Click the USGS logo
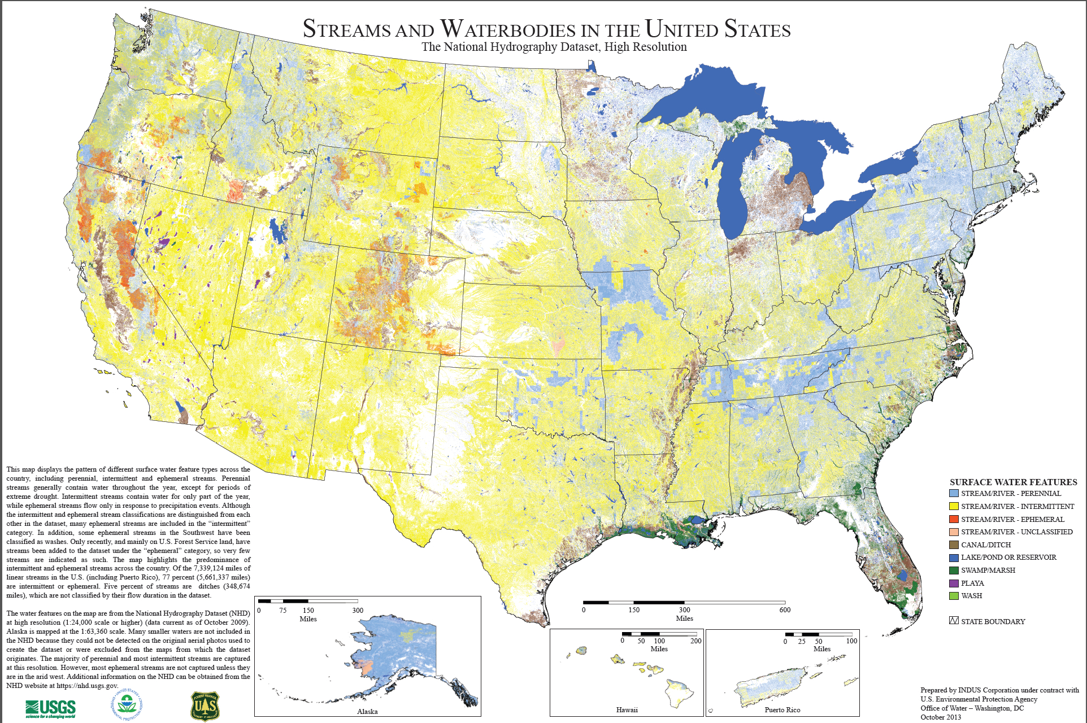(x=50, y=708)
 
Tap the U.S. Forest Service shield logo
(x=205, y=706)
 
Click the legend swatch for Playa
(x=954, y=583)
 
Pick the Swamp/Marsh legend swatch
(x=954, y=570)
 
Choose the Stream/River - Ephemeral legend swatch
(x=954, y=519)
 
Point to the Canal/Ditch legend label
(x=986, y=545)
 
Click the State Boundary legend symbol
(x=954, y=621)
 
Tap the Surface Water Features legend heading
(x=1013, y=482)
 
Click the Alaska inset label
(x=367, y=711)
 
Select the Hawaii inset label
(x=627, y=709)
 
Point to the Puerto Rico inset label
(x=782, y=709)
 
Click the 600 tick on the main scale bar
(x=785, y=609)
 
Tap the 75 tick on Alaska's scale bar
(x=282, y=610)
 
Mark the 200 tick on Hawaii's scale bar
(x=695, y=641)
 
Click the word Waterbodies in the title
(x=514, y=29)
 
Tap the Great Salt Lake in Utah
(x=277, y=230)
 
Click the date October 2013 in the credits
(x=941, y=717)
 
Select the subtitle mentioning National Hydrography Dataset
(x=554, y=47)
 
